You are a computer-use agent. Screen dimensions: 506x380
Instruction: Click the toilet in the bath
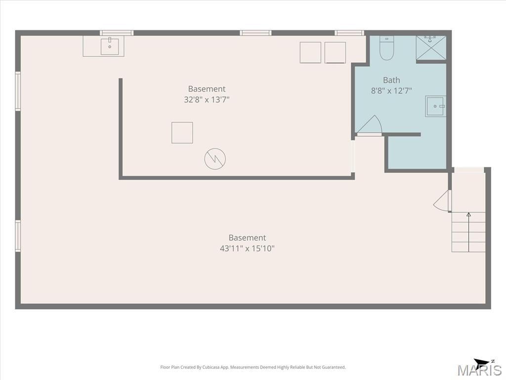tap(386, 48)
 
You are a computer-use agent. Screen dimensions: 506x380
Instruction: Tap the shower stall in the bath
tap(431, 48)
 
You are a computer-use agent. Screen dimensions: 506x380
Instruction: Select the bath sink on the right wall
tap(436, 106)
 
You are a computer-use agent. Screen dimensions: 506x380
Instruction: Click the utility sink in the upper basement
tap(110, 47)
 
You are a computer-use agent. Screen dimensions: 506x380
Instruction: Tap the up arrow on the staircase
tap(468, 232)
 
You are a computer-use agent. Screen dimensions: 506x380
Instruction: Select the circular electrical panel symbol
tap(215, 159)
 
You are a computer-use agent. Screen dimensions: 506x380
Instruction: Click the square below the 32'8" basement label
tap(182, 133)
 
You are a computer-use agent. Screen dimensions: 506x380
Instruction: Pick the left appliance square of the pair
tap(310, 52)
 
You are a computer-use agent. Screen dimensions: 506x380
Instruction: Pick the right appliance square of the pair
tap(336, 52)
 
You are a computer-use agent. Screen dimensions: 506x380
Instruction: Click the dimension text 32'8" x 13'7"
tap(207, 99)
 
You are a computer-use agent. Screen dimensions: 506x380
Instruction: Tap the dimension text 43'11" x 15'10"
tap(247, 248)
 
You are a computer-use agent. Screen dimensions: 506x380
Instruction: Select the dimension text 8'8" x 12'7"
tap(391, 91)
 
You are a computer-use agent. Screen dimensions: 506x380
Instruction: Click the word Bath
tap(391, 80)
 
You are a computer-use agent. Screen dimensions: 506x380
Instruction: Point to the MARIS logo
tap(479, 370)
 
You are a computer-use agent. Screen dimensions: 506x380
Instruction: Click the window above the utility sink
tap(117, 33)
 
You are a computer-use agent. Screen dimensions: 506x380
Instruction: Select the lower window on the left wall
tap(18, 236)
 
